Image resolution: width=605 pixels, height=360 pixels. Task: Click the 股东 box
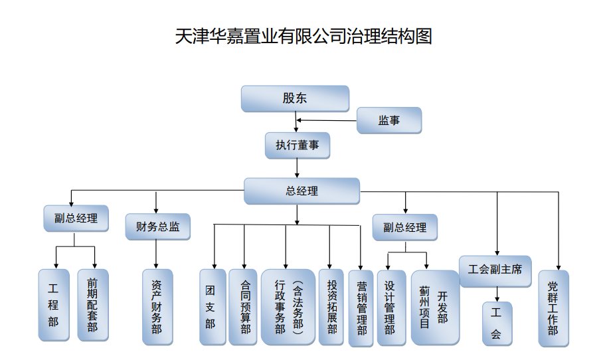295,98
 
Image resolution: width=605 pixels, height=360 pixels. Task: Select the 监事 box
389,120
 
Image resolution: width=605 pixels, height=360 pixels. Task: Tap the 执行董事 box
298,145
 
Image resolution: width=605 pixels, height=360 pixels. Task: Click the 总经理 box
302,191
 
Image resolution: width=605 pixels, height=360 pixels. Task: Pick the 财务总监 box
157,226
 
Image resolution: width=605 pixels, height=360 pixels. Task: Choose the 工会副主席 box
495,270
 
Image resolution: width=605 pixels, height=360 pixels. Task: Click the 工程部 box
54,305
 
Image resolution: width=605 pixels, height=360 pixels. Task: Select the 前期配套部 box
92,305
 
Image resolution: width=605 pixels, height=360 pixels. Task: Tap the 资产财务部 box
157,306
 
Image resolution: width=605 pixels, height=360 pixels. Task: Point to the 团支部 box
213,306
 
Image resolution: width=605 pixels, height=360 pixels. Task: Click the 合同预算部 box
243,306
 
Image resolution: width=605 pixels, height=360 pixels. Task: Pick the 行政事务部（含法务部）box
288,306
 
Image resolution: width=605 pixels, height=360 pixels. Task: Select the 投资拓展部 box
331,306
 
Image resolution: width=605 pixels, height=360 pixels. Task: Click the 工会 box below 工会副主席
497,324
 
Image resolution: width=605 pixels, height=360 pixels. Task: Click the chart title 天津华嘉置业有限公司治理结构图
303,36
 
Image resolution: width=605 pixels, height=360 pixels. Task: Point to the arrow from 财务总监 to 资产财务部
157,254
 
